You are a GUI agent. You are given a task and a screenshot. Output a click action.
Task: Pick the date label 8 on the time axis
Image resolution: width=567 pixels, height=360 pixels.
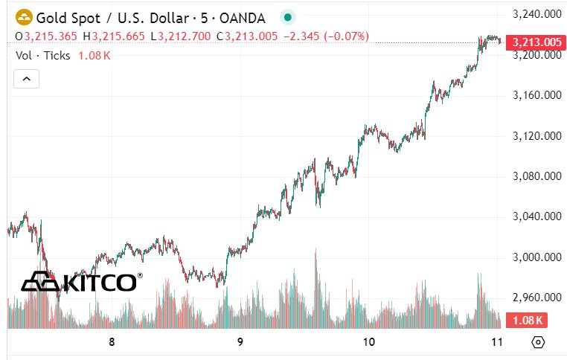point(112,342)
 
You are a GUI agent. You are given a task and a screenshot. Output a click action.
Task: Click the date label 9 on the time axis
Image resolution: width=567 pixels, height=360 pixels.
point(240,342)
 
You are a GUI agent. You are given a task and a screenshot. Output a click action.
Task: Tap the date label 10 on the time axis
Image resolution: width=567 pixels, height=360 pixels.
point(368,342)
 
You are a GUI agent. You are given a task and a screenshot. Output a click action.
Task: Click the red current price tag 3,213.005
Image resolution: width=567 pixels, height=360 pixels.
point(534,42)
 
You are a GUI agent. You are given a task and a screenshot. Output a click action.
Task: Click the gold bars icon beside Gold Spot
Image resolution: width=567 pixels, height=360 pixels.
point(24,16)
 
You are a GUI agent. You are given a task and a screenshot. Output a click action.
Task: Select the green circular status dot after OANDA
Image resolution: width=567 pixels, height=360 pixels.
point(288,16)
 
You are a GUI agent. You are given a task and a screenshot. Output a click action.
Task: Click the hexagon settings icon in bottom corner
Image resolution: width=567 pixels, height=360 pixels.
point(539,343)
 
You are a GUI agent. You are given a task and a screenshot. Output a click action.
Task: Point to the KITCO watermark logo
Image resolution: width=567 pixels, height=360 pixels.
point(80,282)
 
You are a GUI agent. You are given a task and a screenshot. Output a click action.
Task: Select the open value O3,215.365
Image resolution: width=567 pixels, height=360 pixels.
point(47,36)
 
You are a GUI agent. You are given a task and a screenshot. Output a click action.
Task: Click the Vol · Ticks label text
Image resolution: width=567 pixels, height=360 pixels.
point(42,55)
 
